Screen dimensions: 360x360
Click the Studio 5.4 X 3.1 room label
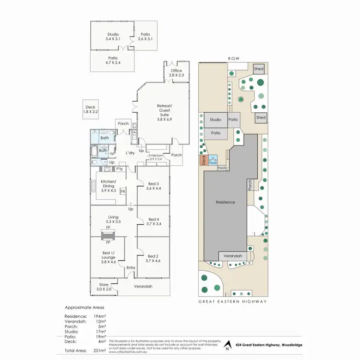tap(113, 36)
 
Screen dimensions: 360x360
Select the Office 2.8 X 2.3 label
tap(177, 73)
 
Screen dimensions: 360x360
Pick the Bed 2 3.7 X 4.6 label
tap(154, 258)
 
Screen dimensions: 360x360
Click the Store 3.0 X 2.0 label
tap(104, 287)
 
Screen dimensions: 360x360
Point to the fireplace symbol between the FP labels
tap(108, 235)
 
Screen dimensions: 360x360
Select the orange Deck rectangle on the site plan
tap(203, 160)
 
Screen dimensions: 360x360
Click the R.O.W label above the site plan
tap(234, 59)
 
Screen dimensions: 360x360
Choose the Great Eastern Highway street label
tap(232, 302)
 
